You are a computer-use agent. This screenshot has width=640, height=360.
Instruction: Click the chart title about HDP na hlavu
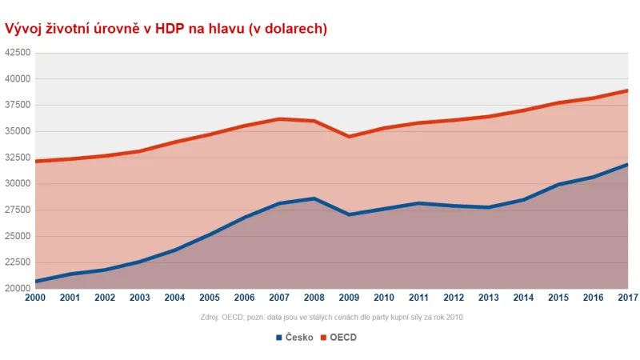(x=166, y=29)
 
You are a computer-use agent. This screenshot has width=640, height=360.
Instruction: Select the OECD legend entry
(x=343, y=337)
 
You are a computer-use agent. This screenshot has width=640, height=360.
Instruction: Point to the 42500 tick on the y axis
(x=18, y=53)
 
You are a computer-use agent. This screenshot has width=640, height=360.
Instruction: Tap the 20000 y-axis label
(x=18, y=288)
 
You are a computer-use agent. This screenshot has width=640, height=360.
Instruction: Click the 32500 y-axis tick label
(x=18, y=158)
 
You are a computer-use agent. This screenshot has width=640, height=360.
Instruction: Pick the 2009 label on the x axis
(x=350, y=298)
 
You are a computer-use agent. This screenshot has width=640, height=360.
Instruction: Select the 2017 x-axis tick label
(x=627, y=298)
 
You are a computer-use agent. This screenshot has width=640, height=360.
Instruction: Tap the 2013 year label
(x=489, y=298)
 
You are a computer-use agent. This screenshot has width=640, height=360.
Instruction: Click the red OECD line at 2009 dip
(x=350, y=137)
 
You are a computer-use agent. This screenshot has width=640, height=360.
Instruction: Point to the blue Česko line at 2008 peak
(x=314, y=198)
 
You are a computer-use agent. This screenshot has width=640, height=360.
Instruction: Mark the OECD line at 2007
(x=279, y=119)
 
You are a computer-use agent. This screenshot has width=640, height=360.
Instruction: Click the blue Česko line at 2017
(x=627, y=165)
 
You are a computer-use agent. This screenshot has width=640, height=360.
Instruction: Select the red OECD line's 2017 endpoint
(x=627, y=90)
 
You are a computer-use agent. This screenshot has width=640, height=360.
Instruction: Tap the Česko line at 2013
(x=489, y=207)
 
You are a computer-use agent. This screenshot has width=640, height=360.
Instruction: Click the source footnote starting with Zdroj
(x=331, y=317)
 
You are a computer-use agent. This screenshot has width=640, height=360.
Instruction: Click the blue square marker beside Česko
(x=279, y=337)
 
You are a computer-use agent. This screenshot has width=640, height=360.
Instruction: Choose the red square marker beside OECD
(x=324, y=337)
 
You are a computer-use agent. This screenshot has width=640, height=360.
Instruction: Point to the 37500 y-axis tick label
(x=18, y=105)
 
